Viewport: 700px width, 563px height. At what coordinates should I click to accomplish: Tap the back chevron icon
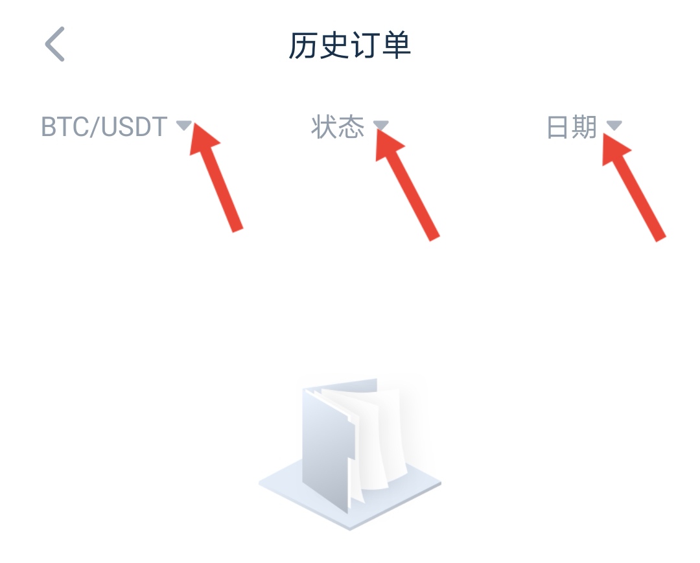55,43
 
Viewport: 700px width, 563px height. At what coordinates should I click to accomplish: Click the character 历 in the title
303,45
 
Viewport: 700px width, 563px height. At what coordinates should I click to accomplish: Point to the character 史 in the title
334,45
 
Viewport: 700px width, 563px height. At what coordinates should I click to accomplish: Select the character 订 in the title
365,45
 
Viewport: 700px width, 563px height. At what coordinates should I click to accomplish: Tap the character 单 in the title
396,45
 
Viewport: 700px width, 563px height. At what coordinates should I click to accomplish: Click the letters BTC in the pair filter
65,127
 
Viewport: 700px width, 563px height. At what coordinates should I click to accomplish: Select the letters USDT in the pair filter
134,127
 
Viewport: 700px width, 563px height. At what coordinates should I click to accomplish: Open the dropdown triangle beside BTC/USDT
183,125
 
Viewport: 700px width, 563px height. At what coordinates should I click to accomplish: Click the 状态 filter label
338,127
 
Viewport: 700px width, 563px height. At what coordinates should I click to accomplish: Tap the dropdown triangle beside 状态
381,125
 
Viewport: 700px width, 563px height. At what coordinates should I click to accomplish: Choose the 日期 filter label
572,127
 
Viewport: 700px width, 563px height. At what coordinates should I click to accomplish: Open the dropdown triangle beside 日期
614,125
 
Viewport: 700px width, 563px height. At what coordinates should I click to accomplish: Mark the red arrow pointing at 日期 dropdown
634,187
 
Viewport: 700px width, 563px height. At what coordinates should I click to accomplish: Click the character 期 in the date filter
585,127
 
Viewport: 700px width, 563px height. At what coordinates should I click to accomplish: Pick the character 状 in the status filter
324,127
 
